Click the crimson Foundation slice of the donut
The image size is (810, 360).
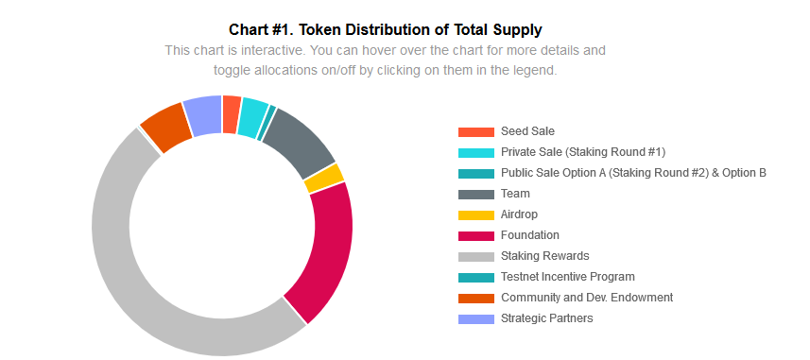pos(325,247)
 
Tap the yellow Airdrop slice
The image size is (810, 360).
pos(324,178)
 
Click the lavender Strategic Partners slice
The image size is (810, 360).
pos(203,115)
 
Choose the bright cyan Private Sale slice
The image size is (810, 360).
pos(252,118)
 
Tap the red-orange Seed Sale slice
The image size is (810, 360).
pos(232,114)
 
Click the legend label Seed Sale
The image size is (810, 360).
pos(527,131)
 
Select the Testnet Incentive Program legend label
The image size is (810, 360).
pos(568,276)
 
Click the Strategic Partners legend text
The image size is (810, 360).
pos(546,318)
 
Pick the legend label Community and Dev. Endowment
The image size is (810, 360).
pos(587,298)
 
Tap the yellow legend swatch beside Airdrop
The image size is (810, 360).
pos(475,214)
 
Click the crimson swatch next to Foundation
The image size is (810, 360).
pos(475,235)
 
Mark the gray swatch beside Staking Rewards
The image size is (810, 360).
pos(475,256)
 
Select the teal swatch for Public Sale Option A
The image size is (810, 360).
pos(475,174)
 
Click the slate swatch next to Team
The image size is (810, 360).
pos(475,195)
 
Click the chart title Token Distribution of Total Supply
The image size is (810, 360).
pos(421,30)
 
